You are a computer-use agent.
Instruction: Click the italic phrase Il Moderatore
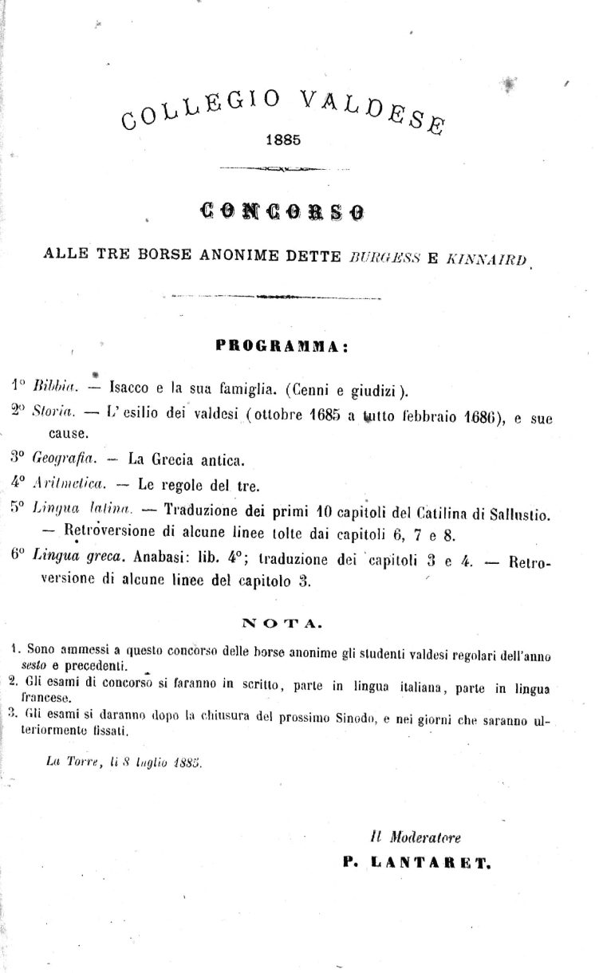416,837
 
